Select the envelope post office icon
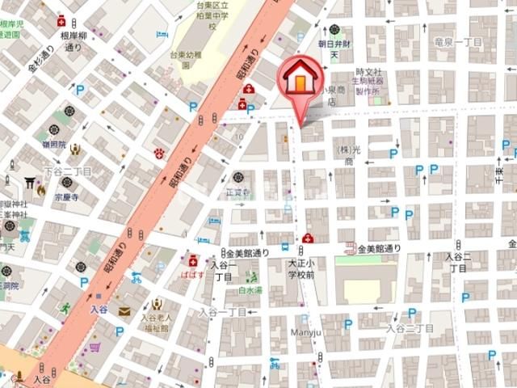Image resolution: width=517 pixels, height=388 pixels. pos(124,311)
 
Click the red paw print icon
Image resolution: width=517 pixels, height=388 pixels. pos(159,151)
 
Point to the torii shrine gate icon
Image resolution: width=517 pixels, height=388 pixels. pos(30,182)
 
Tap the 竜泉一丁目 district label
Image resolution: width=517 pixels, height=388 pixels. pos(458,41)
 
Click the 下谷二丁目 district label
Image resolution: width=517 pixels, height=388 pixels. pos(67,171)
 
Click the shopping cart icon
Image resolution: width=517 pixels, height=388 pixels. pos(95,348)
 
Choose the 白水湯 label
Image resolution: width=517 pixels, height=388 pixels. pos(250,289)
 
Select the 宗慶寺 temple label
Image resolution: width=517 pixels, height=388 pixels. pos(66,196)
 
